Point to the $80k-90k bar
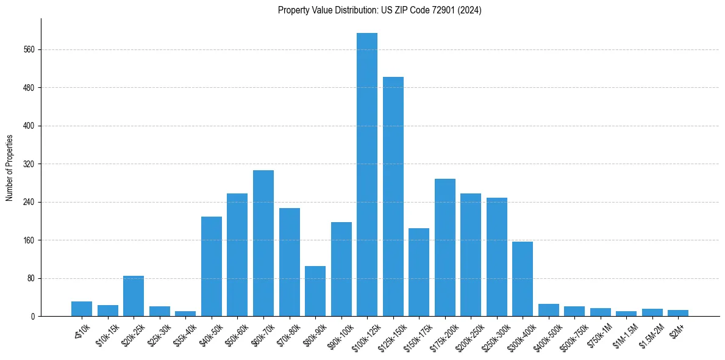(315, 291)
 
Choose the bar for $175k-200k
(445, 247)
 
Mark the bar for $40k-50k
(212, 266)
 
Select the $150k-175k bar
(419, 272)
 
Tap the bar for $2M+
(678, 313)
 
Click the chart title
(380, 10)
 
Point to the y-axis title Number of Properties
(10, 168)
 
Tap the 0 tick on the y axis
(34, 316)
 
